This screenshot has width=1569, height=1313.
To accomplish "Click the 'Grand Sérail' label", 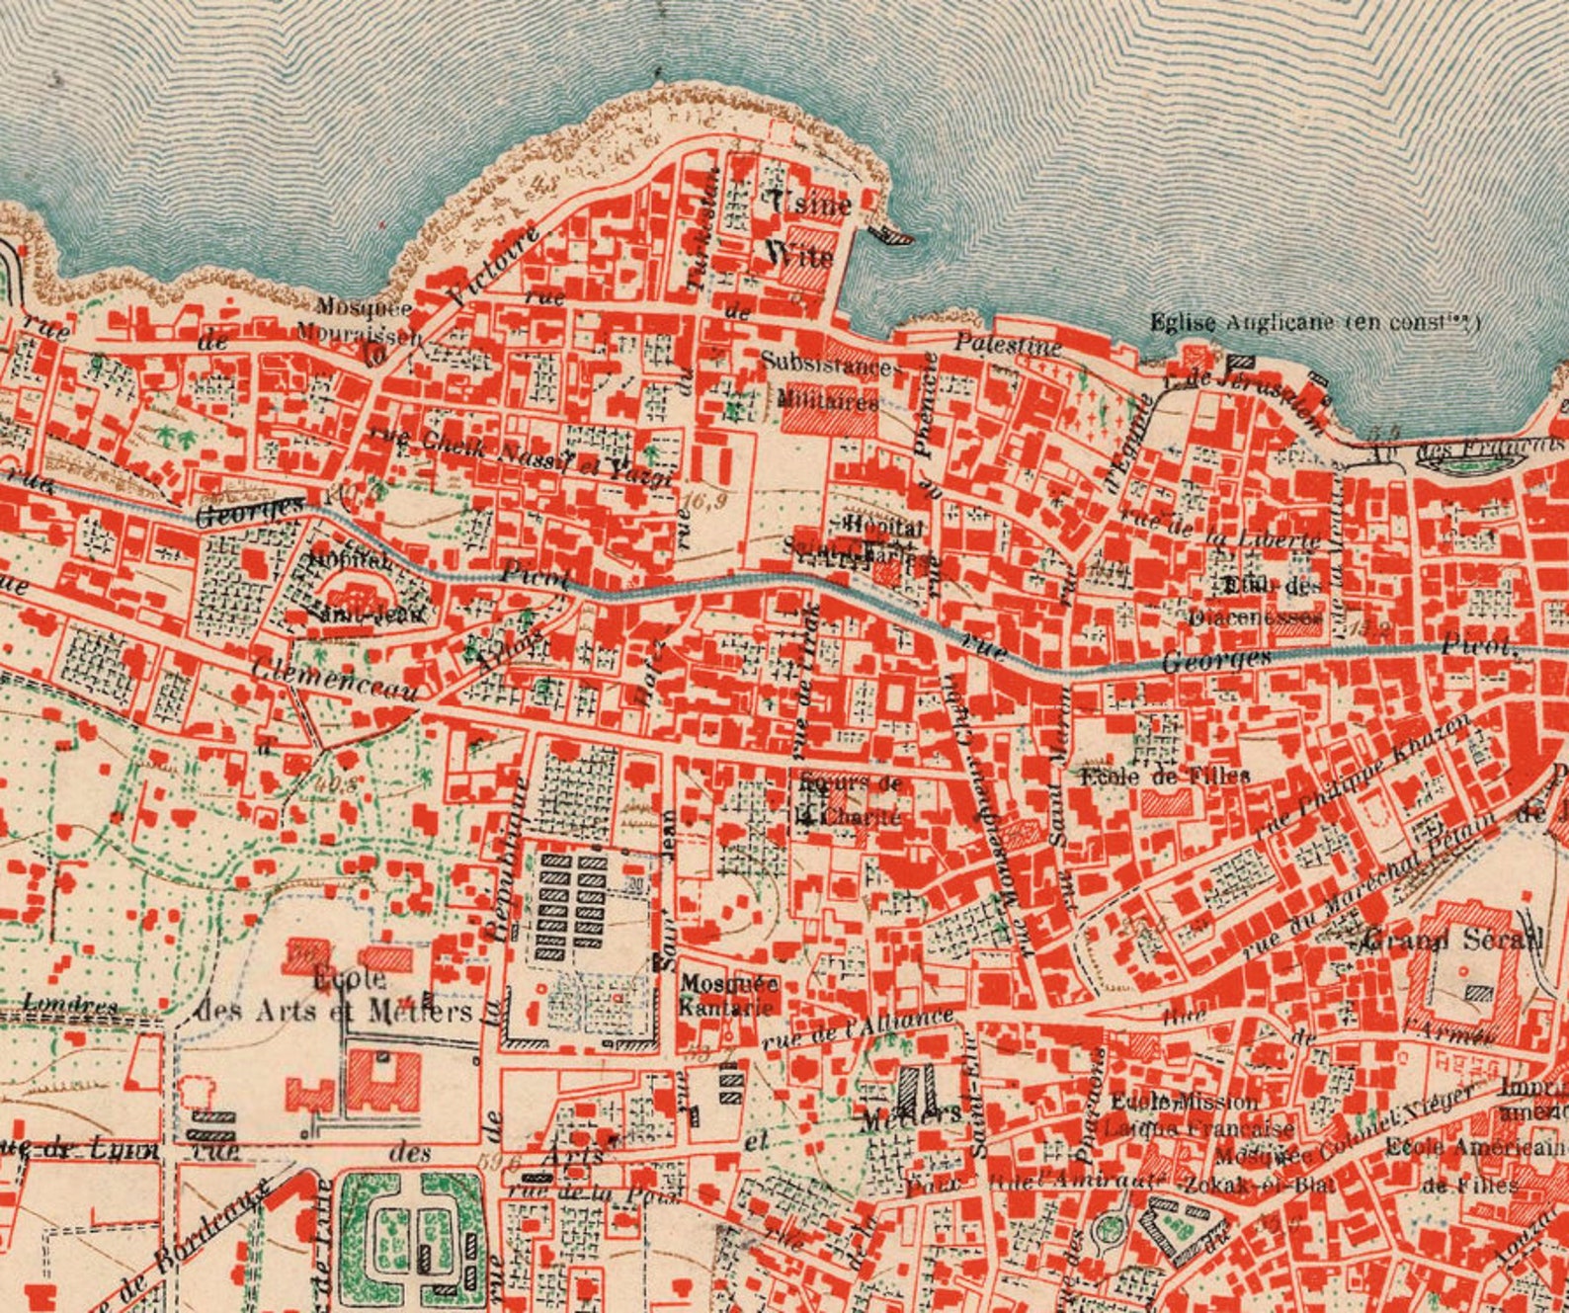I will (1451, 940).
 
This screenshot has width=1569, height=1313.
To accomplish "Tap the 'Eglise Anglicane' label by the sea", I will (1315, 322).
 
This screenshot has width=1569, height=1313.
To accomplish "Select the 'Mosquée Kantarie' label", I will (729, 996).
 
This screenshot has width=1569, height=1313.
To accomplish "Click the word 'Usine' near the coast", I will (810, 203).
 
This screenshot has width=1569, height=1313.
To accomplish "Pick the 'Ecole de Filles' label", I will (1165, 776).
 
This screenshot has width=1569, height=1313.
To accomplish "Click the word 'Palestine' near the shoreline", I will (1008, 345).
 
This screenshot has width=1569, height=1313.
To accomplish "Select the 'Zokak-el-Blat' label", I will (1274, 1183).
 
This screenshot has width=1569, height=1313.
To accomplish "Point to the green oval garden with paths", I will (409, 1229).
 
